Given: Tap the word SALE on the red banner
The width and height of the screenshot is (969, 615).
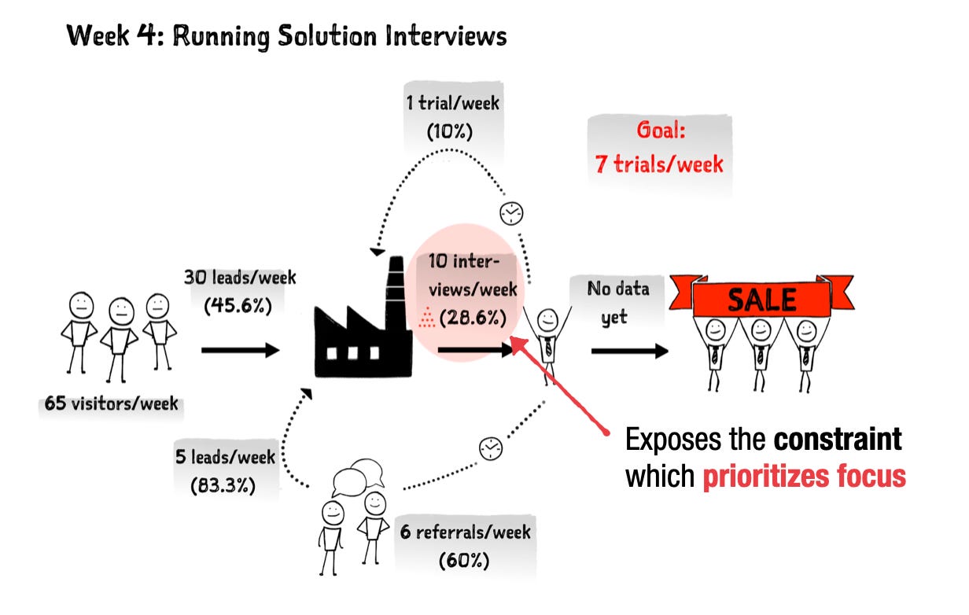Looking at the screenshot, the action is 762,300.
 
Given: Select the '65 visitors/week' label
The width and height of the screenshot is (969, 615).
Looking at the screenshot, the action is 111,403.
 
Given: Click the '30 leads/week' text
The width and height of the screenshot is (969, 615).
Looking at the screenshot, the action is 240,278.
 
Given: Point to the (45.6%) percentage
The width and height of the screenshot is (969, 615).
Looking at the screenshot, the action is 238,305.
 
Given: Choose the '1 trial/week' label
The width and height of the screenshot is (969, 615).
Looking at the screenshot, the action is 452,103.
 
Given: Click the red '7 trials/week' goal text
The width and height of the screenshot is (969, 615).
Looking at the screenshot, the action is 659,164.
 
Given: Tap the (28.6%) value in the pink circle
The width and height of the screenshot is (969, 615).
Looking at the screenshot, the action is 473,318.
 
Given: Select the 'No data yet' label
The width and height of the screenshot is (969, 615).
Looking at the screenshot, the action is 617,303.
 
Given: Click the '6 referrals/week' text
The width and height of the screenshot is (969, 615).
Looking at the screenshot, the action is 465,532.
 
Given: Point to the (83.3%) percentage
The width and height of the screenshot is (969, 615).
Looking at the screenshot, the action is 223,484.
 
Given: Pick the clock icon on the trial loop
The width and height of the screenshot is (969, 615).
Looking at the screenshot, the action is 511,213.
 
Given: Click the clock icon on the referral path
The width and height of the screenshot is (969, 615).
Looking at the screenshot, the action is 491,448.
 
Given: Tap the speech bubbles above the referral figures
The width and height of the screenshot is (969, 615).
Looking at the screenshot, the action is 358,477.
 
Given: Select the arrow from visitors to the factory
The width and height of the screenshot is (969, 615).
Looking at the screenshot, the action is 241,350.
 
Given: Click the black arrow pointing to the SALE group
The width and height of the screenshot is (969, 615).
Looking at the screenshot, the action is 630,351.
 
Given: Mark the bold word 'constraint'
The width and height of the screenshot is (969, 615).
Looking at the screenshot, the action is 838,439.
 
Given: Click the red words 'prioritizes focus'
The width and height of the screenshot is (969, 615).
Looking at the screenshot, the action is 804,476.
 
